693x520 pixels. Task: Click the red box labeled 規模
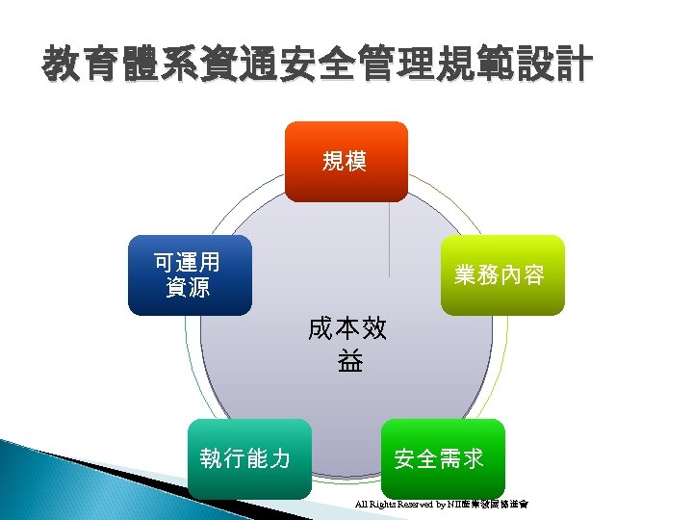coord(345,161)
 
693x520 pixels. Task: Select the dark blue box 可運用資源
coord(190,274)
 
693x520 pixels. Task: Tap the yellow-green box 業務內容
coord(501,275)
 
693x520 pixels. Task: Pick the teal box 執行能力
coord(248,458)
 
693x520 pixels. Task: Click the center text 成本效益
coord(347,344)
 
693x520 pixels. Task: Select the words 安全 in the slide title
coord(316,66)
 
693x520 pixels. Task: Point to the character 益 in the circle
coord(348,361)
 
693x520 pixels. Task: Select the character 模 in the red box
coord(355,161)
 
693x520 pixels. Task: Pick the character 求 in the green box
coord(472,458)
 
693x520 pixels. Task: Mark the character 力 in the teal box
coord(280,458)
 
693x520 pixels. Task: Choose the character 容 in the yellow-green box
coord(533,275)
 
